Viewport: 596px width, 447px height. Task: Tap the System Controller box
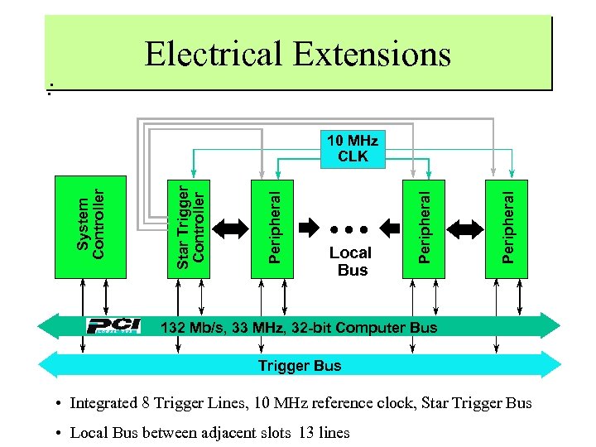90,226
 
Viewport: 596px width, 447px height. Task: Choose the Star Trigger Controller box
189,226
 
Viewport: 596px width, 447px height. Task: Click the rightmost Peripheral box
506,228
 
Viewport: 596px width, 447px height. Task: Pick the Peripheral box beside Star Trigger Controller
272,228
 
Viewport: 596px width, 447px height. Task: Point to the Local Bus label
351,261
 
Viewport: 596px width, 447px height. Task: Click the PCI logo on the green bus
114,326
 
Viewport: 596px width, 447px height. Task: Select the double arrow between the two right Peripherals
464,228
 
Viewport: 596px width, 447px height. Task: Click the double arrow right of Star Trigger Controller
231,228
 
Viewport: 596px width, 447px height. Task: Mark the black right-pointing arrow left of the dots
309,228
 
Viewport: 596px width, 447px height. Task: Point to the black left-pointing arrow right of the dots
389,228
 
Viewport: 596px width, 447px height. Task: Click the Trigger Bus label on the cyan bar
299,365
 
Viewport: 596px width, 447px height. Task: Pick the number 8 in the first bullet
145,403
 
